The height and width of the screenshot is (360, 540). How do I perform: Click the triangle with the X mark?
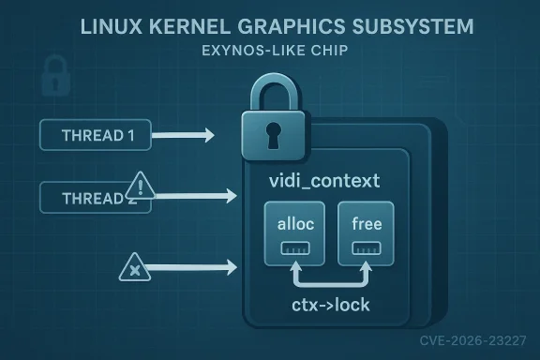tap(136, 271)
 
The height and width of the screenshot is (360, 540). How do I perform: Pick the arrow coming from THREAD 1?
tap(182, 136)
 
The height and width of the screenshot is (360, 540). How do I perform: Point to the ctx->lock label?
tap(326, 303)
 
